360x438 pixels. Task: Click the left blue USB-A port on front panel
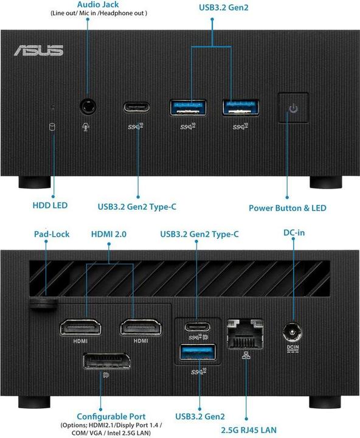point(189,108)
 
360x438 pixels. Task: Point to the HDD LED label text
point(50,205)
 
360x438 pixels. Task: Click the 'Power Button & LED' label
point(287,207)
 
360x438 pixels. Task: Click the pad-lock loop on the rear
point(43,302)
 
